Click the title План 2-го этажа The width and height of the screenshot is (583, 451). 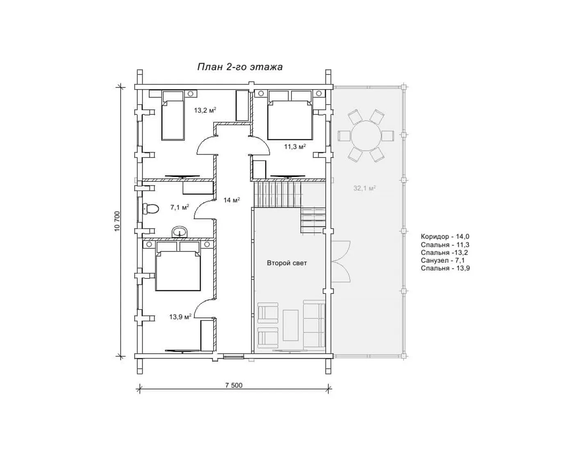240,67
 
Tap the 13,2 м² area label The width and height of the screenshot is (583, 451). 205,110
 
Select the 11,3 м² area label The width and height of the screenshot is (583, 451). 295,146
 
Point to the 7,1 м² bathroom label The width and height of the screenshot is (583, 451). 180,207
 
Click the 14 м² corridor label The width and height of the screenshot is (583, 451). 232,200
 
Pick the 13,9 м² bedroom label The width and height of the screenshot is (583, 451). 180,317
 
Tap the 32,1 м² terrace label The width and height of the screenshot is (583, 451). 364,188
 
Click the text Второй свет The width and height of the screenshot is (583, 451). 287,263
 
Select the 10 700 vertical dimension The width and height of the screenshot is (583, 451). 117,222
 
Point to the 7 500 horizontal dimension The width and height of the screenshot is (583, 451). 234,385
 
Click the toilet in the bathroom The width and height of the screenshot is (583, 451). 151,209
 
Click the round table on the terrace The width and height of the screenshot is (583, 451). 366,136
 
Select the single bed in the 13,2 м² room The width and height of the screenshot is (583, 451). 173,115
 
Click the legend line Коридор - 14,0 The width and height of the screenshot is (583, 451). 445,237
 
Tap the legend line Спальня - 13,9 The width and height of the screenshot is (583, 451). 445,268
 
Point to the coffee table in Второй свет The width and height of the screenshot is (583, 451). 291,326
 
